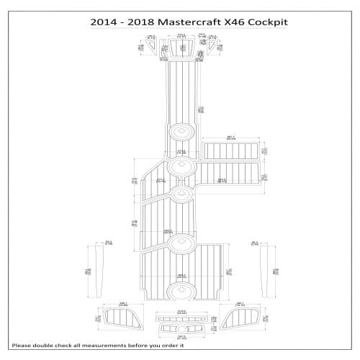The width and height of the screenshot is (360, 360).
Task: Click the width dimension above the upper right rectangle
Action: (230, 137)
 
